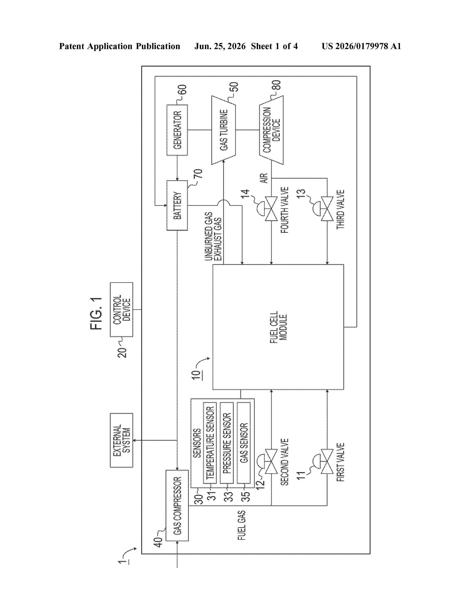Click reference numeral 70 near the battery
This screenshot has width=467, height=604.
[x=199, y=174]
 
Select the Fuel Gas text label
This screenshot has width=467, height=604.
[x=242, y=525]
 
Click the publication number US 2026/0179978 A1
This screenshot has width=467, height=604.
[x=361, y=46]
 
